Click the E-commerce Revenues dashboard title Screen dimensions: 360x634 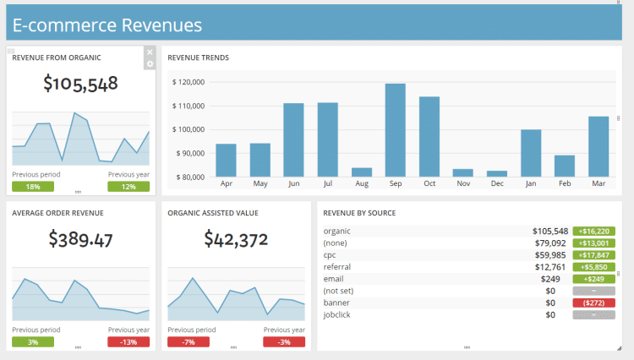[x=107, y=25]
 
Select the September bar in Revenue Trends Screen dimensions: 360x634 [x=395, y=130]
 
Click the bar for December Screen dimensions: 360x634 [x=497, y=173]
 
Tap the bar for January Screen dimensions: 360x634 [x=531, y=153]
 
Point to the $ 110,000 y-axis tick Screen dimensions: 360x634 [x=189, y=106]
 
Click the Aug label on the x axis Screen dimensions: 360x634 [x=362, y=183]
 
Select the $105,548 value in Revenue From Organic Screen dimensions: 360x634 [x=80, y=84]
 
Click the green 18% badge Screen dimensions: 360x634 [x=33, y=187]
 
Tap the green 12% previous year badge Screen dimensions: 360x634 [x=128, y=187]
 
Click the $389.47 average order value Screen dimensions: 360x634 [x=80, y=239]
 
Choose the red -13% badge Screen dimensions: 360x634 [x=128, y=341]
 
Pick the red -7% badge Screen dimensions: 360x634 [x=189, y=341]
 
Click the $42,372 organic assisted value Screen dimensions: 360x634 [x=236, y=239]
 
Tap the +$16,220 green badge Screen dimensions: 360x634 [x=593, y=231]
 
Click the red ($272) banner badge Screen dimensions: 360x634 [x=593, y=303]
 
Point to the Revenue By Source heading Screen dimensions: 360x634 [x=359, y=213]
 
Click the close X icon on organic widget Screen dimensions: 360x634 [x=150, y=52]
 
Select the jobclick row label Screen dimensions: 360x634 [x=337, y=314]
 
